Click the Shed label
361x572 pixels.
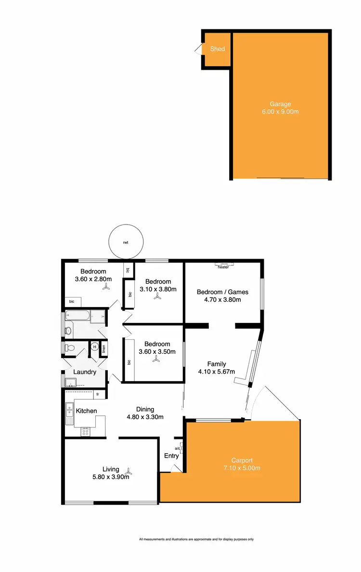pyautogui.click(x=218, y=49)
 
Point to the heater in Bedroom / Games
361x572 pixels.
pyautogui.click(x=223, y=264)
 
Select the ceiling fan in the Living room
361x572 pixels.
pyautogui.click(x=129, y=471)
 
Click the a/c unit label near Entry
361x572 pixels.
pyautogui.click(x=177, y=448)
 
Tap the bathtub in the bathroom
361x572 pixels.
pyautogui.click(x=77, y=316)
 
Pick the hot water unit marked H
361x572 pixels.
pyautogui.click(x=94, y=347)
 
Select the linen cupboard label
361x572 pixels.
pyautogui.click(x=103, y=348)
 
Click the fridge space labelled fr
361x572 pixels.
pyautogui.click(x=98, y=395)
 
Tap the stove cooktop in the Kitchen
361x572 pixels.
pyautogui.click(x=85, y=432)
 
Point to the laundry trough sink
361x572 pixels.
pyautogui.click(x=72, y=383)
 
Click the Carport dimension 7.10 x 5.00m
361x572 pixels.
pyautogui.click(x=242, y=468)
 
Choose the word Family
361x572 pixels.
pyautogui.click(x=217, y=364)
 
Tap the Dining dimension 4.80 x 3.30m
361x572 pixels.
pyautogui.click(x=145, y=417)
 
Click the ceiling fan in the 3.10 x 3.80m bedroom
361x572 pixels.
pyautogui.click(x=157, y=298)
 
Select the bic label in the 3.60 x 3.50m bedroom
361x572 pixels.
pyautogui.click(x=129, y=362)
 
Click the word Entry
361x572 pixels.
pyautogui.click(x=171, y=456)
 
